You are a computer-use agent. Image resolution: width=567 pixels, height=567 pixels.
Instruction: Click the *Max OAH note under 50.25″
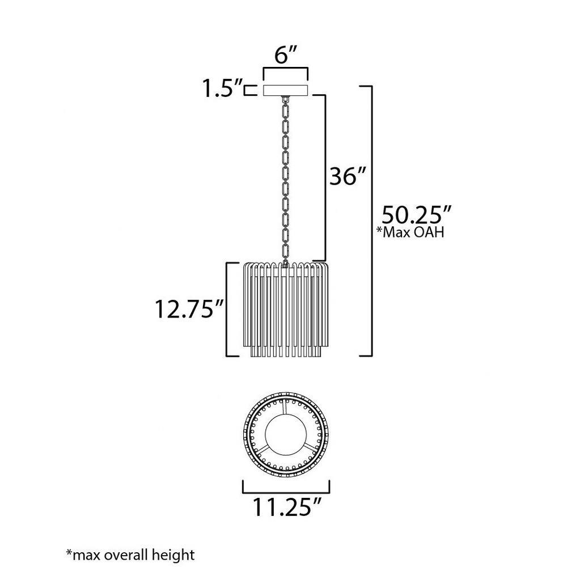tap(410, 232)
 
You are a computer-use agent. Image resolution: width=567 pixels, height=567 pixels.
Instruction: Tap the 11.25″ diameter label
tap(286, 506)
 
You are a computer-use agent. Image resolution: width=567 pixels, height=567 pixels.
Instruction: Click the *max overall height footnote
tap(130, 555)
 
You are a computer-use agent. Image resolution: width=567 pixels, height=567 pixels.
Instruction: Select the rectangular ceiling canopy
tap(285, 90)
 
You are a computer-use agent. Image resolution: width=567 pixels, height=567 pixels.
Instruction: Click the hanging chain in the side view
tap(285, 181)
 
